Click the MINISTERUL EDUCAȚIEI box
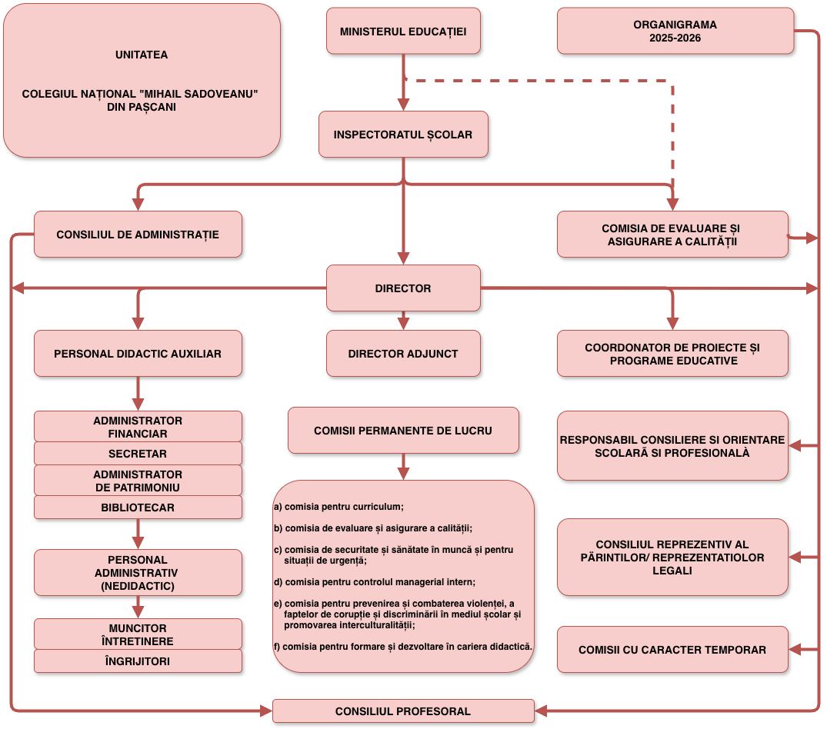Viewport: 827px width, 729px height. tap(403, 32)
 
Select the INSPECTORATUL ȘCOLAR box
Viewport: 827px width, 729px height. tap(403, 135)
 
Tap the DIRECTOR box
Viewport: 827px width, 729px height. tap(403, 288)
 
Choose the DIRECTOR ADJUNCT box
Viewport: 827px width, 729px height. tap(403, 354)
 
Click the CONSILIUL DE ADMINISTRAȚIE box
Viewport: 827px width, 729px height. tap(138, 235)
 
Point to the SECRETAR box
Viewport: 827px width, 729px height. tap(138, 454)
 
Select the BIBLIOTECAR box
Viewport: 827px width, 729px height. tap(138, 508)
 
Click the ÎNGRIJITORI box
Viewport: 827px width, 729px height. tap(138, 661)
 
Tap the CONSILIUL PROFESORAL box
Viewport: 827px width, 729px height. tap(403, 711)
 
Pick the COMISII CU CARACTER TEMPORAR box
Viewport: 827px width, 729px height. tap(672, 650)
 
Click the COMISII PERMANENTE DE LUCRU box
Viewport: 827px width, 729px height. tap(403, 431)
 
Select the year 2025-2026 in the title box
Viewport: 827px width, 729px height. tap(675, 38)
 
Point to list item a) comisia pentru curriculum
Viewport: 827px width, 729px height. tap(339, 507)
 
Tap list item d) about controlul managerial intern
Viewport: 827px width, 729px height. tap(375, 581)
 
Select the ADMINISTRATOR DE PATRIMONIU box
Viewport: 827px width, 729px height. tap(138, 481)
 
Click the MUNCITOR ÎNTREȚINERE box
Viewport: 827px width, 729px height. tap(138, 634)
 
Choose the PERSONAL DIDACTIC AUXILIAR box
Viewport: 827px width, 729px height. tap(138, 354)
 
